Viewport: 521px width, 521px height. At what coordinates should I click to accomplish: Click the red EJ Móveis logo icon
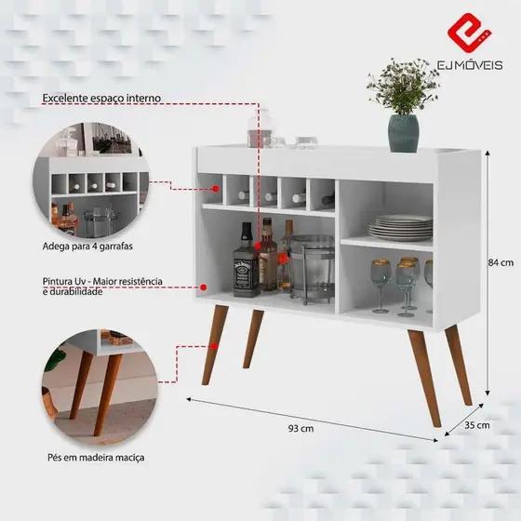(469, 33)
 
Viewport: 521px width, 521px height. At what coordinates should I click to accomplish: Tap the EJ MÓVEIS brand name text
(470, 65)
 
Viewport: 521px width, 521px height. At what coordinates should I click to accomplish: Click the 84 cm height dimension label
(501, 262)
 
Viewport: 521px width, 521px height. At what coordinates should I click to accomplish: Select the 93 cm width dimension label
(301, 428)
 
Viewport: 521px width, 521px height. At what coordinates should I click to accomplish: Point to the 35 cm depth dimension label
(476, 425)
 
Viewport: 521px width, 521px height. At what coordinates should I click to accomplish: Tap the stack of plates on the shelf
(400, 227)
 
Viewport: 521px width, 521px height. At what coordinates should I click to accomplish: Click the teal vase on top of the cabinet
(404, 133)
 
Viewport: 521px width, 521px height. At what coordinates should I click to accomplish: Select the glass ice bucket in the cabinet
(312, 269)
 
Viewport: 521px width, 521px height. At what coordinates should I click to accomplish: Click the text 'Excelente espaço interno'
(101, 98)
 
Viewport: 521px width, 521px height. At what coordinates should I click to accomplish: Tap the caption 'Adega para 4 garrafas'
(87, 247)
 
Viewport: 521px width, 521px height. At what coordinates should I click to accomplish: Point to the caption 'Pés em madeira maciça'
(96, 458)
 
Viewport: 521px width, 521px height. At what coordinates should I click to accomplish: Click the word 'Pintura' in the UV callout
(55, 281)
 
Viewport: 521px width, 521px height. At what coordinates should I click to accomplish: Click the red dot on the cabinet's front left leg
(214, 346)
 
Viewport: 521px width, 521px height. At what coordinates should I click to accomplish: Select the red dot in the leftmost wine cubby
(216, 189)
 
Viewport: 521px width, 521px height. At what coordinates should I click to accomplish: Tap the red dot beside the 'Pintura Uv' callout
(204, 287)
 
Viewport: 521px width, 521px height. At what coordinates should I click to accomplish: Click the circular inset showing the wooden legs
(100, 387)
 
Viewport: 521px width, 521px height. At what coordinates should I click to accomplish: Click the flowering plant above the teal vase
(403, 87)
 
